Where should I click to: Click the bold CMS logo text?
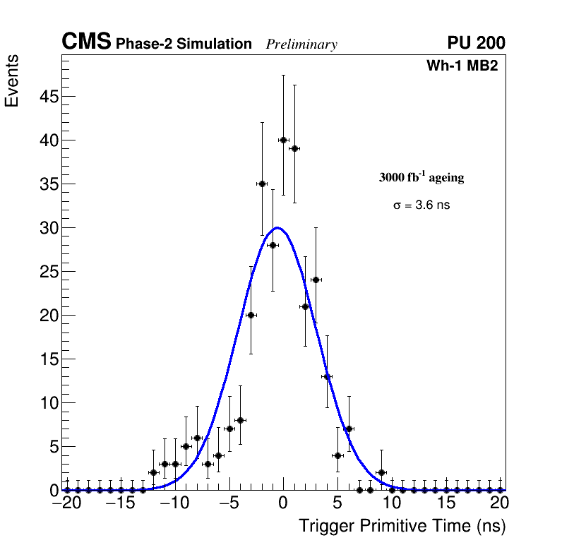(86, 42)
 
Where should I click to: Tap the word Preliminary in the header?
(301, 44)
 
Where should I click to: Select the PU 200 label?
(476, 43)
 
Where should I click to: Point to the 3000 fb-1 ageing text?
(421, 177)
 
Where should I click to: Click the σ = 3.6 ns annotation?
(421, 205)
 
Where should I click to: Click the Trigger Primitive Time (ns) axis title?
(402, 526)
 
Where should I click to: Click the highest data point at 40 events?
(283, 140)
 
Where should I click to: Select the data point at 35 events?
(262, 184)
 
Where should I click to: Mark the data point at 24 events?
(316, 280)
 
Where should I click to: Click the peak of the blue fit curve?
(278, 227)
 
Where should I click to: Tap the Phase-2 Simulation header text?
(184, 44)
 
